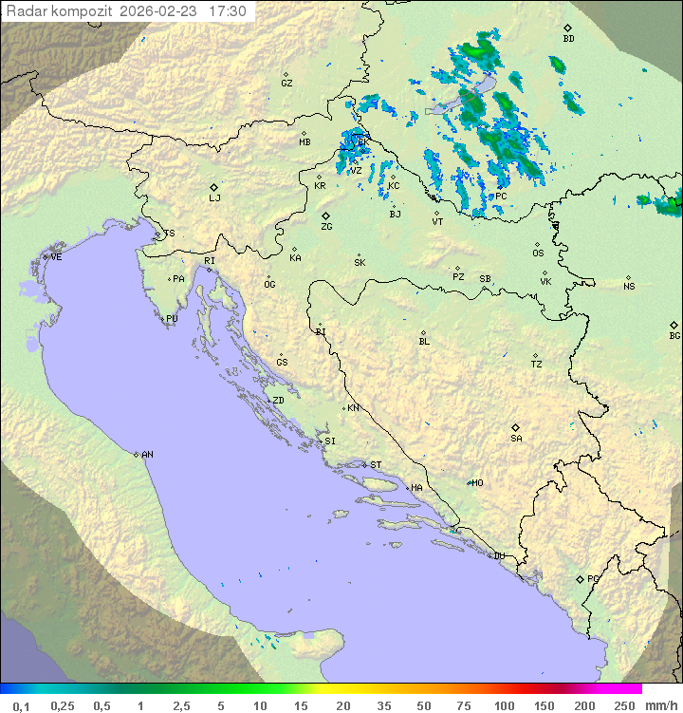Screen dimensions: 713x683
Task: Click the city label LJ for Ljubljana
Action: click(214, 198)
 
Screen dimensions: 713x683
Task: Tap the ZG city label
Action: click(326, 227)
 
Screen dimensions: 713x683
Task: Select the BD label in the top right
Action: click(568, 39)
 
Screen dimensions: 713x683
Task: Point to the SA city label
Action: click(516, 439)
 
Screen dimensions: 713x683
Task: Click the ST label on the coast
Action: click(376, 465)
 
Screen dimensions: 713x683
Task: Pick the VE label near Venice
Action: click(56, 257)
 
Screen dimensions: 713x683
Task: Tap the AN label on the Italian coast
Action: click(147, 455)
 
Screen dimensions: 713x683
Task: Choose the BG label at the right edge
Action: click(674, 336)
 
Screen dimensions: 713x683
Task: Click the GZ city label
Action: click(286, 84)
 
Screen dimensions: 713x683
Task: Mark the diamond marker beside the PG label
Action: click(580, 579)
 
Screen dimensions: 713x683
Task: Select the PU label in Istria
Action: click(172, 319)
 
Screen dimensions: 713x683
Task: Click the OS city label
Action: click(538, 253)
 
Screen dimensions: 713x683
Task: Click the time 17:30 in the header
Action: click(228, 11)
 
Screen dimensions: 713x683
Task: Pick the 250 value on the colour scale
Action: click(624, 705)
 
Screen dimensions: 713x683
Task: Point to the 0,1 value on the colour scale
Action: click(21, 705)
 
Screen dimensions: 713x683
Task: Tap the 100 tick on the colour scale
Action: click(504, 705)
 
